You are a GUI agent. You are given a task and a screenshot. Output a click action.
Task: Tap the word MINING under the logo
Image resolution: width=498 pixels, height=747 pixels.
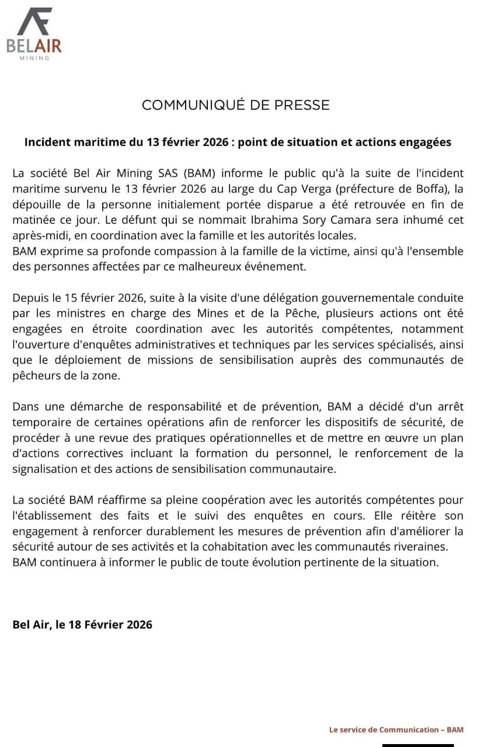click(x=34, y=58)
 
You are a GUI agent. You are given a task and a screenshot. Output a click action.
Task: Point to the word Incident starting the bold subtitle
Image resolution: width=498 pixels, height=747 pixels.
click(x=47, y=142)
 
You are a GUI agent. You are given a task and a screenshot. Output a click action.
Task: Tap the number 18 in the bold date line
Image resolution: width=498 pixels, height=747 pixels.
click(x=75, y=624)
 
